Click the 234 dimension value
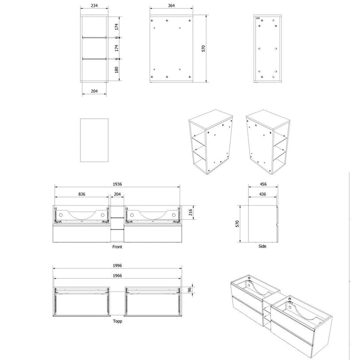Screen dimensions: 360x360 pos(94,6)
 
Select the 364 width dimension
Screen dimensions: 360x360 pos(171,6)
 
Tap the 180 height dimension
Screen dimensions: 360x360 pos(117,70)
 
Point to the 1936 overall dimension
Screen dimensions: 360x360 pos(117,184)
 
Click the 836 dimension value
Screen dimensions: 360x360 pos(82,194)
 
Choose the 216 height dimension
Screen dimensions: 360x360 pos(191,213)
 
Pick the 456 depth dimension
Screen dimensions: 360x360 pos(263,184)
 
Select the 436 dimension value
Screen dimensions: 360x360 pos(263,194)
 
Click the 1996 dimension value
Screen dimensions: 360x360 pos(117,266)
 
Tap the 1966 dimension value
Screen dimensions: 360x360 pos(117,276)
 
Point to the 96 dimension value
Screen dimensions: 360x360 pos(190,290)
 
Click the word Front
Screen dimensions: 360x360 pos(117,247)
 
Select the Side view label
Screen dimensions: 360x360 pos(262,247)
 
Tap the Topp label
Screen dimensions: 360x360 pos(117,321)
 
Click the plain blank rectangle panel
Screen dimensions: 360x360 pos(94,140)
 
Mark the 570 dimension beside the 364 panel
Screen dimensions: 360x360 pos(203,49)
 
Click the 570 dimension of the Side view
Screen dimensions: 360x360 pos(237,224)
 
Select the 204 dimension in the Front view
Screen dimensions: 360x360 pos(117,194)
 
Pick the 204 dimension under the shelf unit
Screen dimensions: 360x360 pos(94,91)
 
